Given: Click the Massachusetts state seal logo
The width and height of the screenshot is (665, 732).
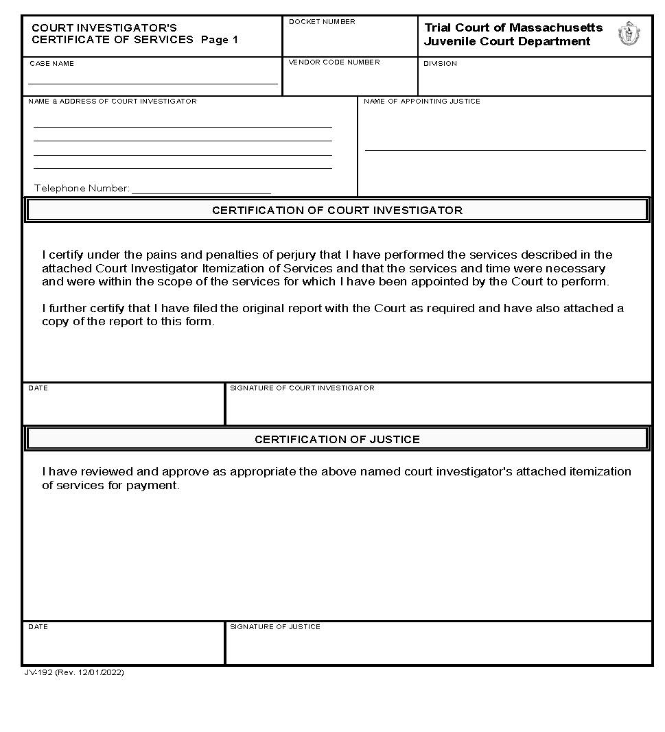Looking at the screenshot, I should point(627,34).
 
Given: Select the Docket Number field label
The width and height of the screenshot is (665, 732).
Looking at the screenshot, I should point(322,22).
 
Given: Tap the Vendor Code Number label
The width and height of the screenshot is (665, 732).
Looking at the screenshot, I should point(334,62).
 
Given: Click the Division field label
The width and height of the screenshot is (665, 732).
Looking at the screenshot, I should point(440,64).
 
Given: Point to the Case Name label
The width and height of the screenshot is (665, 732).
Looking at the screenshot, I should point(51,64).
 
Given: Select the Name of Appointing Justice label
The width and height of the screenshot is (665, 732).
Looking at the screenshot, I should point(421,102).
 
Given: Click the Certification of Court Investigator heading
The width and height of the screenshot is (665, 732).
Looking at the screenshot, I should point(337,211).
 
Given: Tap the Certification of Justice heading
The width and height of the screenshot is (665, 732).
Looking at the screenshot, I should point(337,440).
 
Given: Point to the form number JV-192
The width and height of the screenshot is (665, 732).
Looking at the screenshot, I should point(37,673).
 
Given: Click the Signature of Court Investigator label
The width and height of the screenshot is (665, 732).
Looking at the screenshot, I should point(302,388).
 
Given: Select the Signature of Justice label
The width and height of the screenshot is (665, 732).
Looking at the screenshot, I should point(275,627).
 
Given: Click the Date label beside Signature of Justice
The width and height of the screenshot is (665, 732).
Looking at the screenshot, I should point(38,627).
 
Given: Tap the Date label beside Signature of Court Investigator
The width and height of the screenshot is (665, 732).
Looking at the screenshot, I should point(38,388).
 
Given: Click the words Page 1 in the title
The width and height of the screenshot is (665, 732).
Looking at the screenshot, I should point(219,40).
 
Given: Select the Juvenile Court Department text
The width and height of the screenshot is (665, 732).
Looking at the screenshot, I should point(506,41).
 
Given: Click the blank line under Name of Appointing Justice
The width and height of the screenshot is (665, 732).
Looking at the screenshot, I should point(505,149).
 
